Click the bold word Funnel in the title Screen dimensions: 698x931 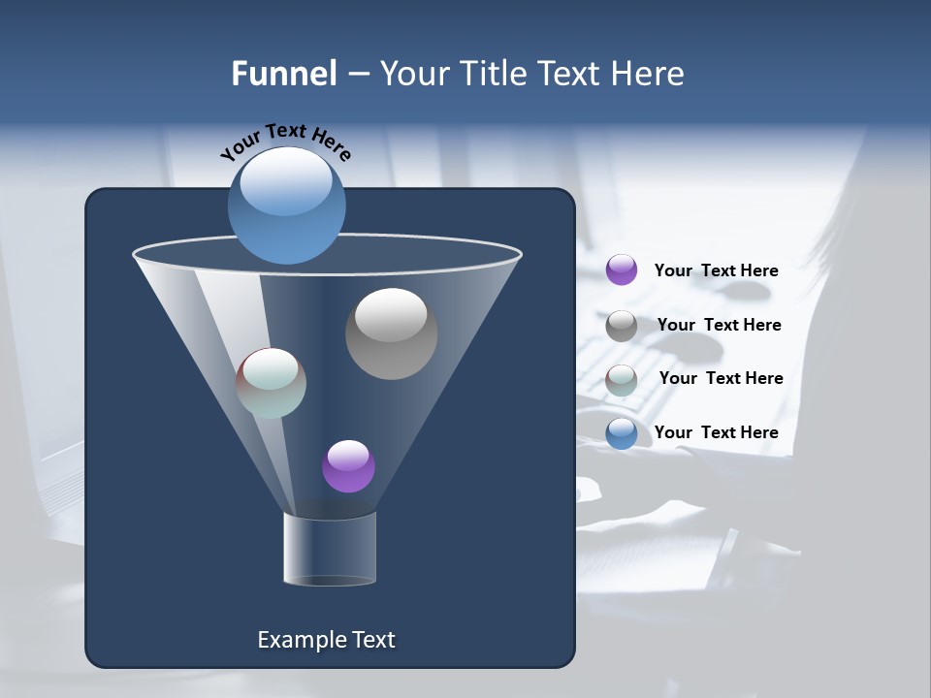(284, 74)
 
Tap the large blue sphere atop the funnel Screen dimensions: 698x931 (286, 205)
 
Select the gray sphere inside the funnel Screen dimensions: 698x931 (391, 333)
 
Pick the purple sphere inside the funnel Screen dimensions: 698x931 (348, 466)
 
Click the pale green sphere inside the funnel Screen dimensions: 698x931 (272, 383)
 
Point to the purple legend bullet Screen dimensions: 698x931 (622, 270)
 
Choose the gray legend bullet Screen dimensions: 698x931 (622, 325)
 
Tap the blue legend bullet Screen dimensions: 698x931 (622, 432)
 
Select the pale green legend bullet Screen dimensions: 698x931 (622, 379)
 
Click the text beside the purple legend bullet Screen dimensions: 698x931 (716, 270)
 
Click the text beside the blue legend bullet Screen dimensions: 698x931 (716, 432)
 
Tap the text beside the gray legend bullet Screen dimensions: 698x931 (719, 325)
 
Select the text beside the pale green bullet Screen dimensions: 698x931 (721, 378)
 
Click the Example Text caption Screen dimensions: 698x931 (326, 640)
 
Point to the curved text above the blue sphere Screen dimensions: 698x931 (285, 141)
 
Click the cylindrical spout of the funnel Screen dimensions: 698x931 (330, 550)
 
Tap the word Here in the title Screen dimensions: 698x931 (646, 74)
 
